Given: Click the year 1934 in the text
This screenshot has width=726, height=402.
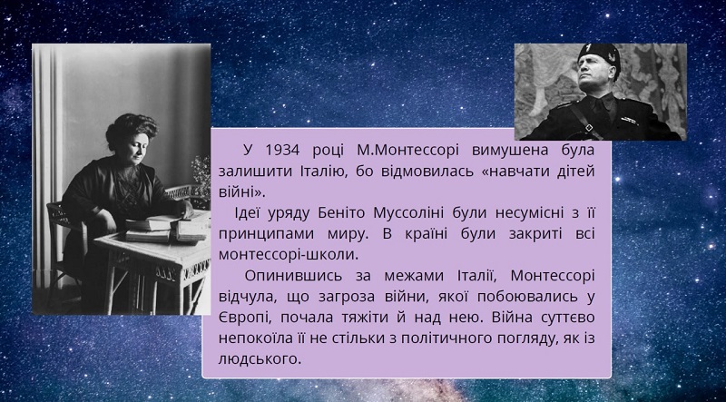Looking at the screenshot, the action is click(x=282, y=151).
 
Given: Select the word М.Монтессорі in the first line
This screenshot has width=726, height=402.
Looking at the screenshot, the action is click(x=407, y=151).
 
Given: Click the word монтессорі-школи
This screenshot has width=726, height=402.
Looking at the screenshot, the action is click(x=289, y=255).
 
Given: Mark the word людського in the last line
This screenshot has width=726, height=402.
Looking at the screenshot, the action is click(x=260, y=359).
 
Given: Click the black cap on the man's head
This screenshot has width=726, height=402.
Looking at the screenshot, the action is click(x=599, y=54).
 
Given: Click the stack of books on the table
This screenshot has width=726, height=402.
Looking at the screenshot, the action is click(x=168, y=229).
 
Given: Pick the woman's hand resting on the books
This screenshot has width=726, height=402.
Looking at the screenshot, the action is click(x=187, y=210).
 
